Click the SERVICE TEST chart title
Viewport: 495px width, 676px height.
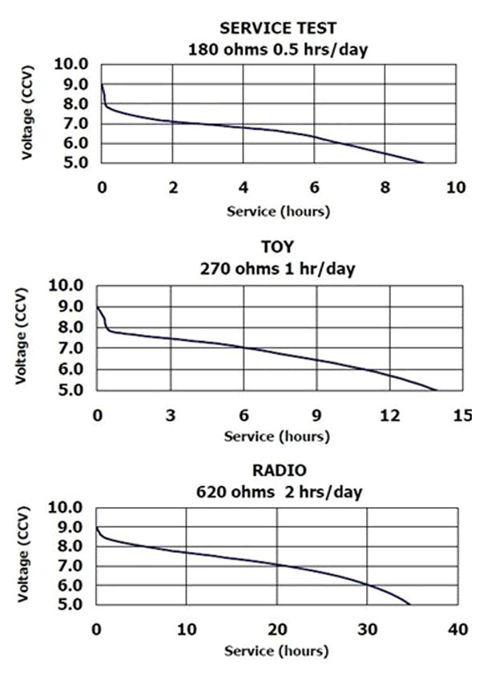pyautogui.click(x=278, y=29)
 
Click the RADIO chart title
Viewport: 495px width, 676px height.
pyautogui.click(x=278, y=470)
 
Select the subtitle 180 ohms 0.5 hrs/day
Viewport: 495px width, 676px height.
pyautogui.click(x=278, y=48)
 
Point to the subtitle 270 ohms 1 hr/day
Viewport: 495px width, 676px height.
pyautogui.click(x=278, y=268)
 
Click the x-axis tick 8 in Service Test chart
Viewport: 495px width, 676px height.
pyautogui.click(x=385, y=187)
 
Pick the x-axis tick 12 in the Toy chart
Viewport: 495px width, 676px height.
pyautogui.click(x=389, y=415)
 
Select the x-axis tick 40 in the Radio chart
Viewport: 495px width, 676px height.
pyautogui.click(x=458, y=630)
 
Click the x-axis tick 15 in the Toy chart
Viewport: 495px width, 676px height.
pyautogui.click(x=462, y=415)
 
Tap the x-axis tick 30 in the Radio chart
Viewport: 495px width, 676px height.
pyautogui.click(x=368, y=630)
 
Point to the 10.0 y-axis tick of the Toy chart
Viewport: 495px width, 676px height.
pyautogui.click(x=69, y=285)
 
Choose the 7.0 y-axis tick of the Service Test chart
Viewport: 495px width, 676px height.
pyautogui.click(x=74, y=123)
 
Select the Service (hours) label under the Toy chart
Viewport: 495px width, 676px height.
pyautogui.click(x=276, y=437)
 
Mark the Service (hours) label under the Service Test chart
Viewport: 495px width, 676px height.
pyautogui.click(x=277, y=211)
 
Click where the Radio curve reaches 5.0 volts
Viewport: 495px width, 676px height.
pyautogui.click(x=410, y=605)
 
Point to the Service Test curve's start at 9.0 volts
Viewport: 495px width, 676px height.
pyautogui.click(x=102, y=84)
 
